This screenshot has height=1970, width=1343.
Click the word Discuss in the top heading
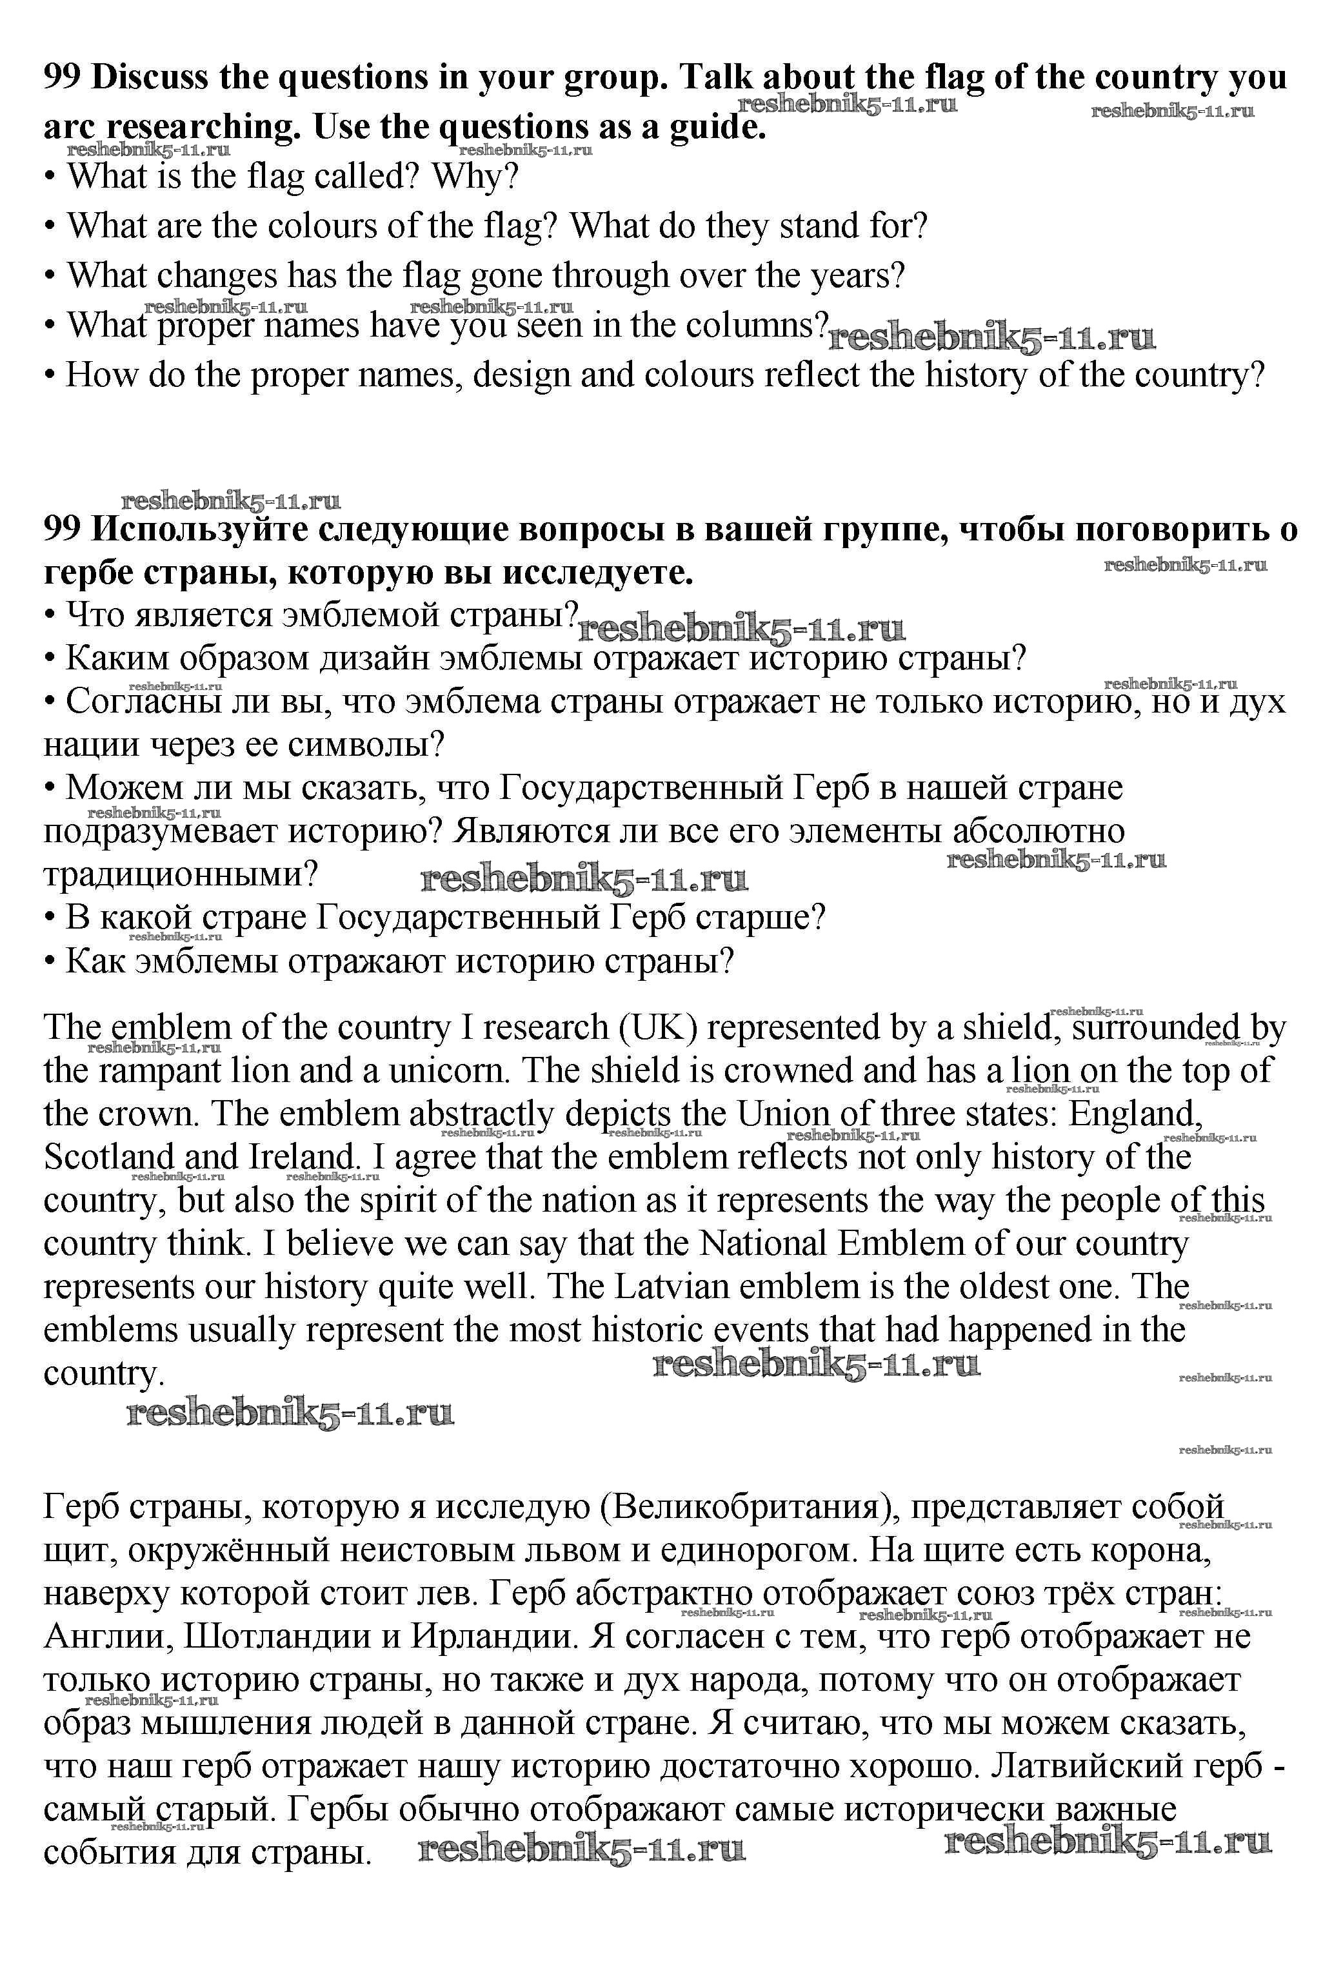pos(148,77)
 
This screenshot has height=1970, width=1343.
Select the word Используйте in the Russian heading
pos(200,530)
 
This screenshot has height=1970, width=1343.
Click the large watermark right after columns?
pos(991,339)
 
